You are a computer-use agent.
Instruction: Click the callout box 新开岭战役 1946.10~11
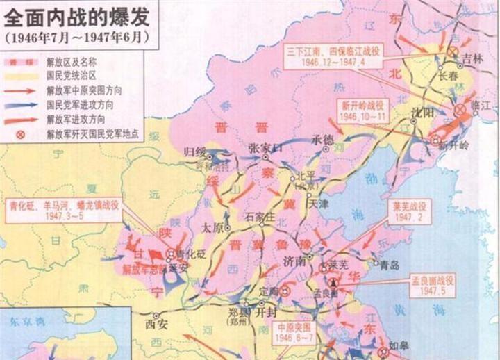click(x=363, y=111)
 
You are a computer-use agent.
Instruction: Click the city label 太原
click(x=210, y=228)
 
